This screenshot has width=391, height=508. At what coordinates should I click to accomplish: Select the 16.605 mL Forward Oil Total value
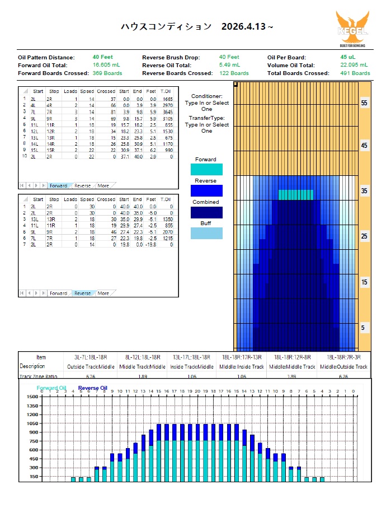(106, 65)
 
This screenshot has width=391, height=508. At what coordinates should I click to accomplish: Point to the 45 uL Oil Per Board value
(348, 57)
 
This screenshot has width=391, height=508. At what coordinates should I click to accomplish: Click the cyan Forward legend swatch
(206, 170)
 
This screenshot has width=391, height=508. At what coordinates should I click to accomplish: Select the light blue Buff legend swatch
(206, 234)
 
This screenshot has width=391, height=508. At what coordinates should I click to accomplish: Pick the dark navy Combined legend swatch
(206, 212)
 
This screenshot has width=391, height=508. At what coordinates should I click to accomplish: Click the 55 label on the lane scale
(364, 104)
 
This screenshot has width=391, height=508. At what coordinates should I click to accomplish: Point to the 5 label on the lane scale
(364, 328)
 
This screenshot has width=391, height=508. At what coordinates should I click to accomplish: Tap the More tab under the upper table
(103, 185)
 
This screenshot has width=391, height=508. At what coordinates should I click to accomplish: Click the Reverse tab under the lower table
(82, 293)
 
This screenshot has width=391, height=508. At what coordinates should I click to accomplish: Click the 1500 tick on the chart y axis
(31, 397)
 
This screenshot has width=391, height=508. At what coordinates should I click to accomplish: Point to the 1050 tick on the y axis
(31, 423)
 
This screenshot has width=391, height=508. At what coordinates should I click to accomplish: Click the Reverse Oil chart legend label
(93, 388)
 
